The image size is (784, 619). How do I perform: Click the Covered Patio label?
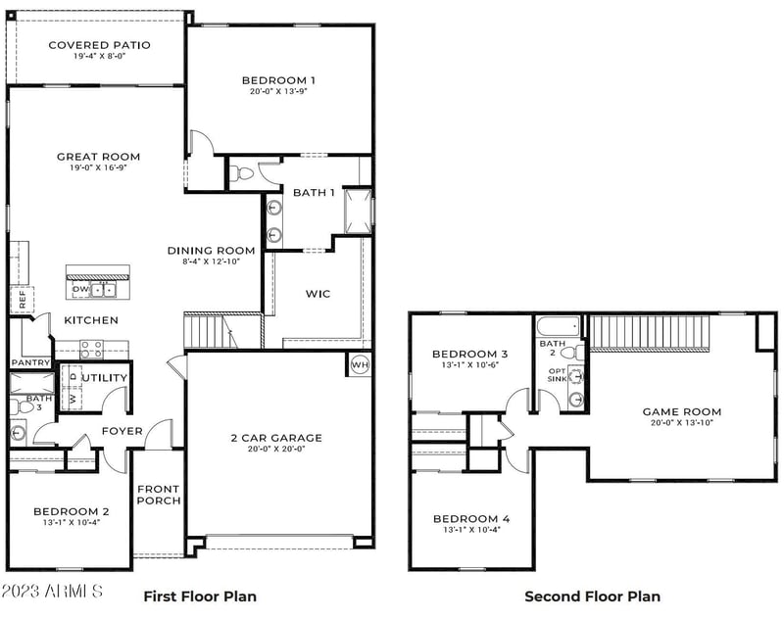[x=98, y=45]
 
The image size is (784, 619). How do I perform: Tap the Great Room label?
[x=98, y=157]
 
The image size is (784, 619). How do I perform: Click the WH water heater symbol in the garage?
[x=359, y=365]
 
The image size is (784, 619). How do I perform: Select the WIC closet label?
[x=318, y=293]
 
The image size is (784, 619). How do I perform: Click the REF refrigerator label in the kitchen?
[x=21, y=300]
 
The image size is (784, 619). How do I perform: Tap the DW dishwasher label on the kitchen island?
[x=80, y=290]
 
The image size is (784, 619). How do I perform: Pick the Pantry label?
[x=30, y=362]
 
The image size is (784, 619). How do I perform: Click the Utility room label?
[x=104, y=378]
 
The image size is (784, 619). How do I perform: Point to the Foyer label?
[x=122, y=431]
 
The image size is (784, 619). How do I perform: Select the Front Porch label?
[x=158, y=497]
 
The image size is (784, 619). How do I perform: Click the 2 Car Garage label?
[x=275, y=438]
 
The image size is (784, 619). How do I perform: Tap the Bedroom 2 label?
[x=71, y=511]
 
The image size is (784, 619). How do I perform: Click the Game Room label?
[x=681, y=412]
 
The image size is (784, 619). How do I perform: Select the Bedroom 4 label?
[x=470, y=519]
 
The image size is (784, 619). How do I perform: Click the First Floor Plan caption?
[x=200, y=595]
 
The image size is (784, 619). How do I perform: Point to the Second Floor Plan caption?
[x=592, y=595]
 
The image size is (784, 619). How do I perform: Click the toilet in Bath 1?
[x=243, y=174]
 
